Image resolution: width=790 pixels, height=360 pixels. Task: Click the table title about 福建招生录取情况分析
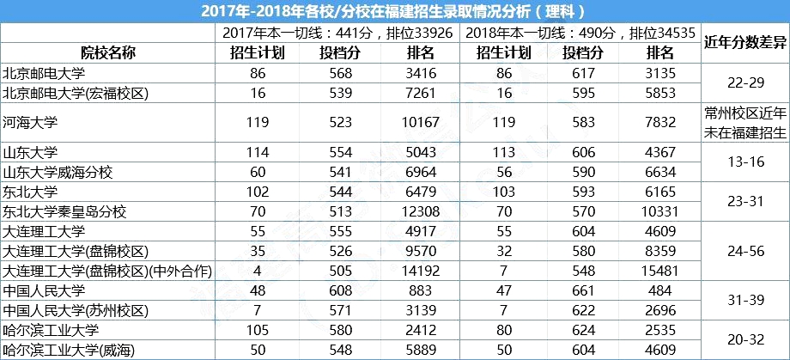point(394,11)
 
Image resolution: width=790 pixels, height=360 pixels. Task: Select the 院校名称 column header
point(106,52)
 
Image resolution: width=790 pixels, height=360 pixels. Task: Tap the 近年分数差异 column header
point(744,42)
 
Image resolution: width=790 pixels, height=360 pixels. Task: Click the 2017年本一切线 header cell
point(337,33)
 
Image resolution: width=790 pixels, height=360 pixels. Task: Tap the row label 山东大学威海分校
point(58,172)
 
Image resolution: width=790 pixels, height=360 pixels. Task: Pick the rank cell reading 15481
point(661,272)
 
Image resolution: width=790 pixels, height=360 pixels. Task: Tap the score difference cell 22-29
point(744,82)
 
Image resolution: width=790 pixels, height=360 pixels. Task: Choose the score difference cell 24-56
point(744,252)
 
